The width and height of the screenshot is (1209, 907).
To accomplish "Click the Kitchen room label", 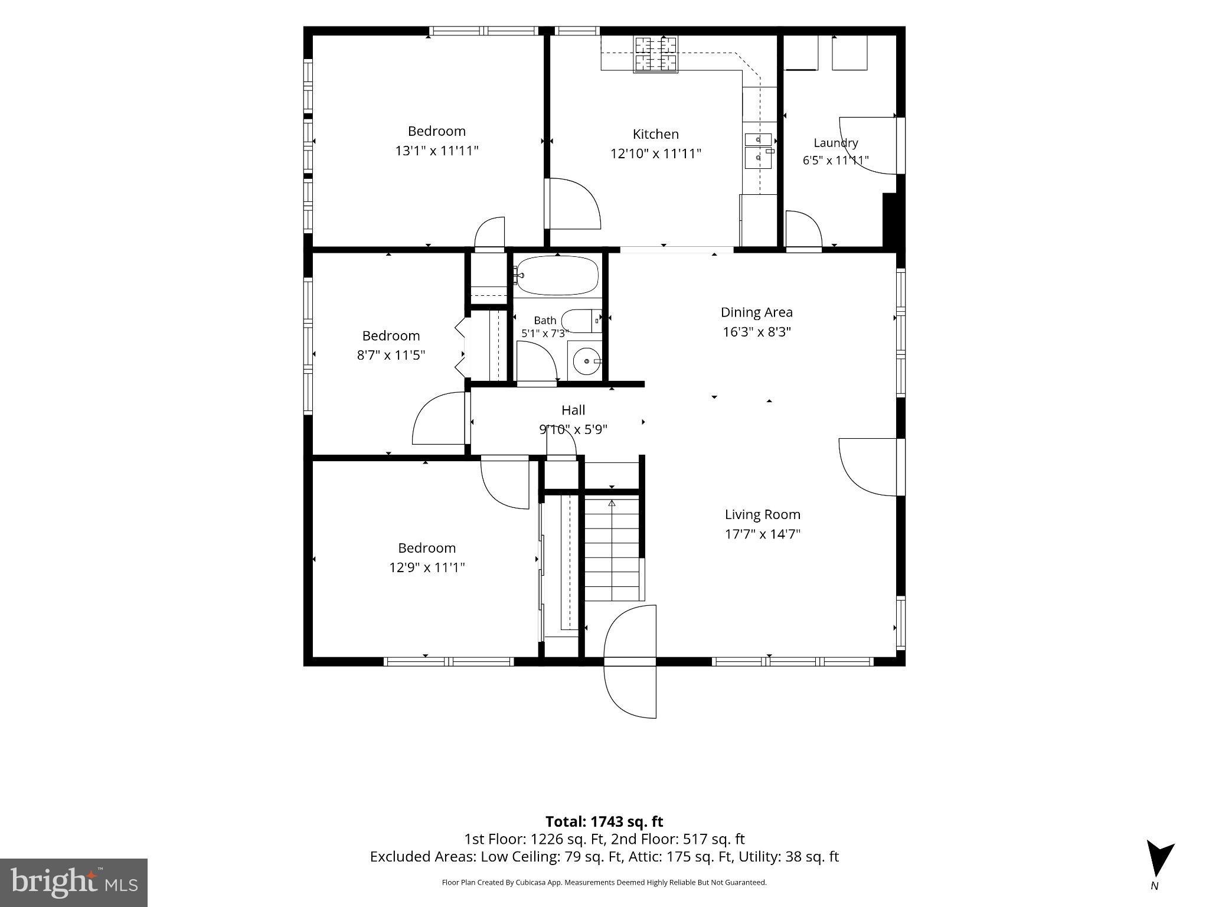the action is pyautogui.click(x=655, y=134).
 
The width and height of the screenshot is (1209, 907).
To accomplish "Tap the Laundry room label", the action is pyautogui.click(x=835, y=143).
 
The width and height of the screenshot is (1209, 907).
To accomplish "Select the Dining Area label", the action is pyautogui.click(x=756, y=312).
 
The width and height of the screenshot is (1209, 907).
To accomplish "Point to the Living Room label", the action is pyautogui.click(x=762, y=515).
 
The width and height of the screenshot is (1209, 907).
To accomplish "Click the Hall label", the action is pyautogui.click(x=573, y=410).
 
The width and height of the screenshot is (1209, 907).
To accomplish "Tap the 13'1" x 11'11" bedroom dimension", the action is pyautogui.click(x=436, y=151).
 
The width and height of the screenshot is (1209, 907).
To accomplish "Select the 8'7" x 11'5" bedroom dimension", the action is pyautogui.click(x=391, y=355).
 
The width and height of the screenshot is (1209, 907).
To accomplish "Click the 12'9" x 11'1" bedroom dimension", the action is pyautogui.click(x=427, y=567).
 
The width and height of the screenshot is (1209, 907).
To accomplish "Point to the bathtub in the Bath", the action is pyautogui.click(x=556, y=276).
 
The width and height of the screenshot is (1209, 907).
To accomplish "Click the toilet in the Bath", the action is pyautogui.click(x=581, y=321).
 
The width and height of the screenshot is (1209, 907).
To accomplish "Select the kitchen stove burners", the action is pyautogui.click(x=656, y=54).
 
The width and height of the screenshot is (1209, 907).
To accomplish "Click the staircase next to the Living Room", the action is pyautogui.click(x=612, y=549).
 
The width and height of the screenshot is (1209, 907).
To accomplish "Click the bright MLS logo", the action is pyautogui.click(x=74, y=882).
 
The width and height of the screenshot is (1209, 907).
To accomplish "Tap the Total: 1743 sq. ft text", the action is pyautogui.click(x=604, y=821).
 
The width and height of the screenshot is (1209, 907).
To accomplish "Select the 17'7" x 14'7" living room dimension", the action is pyautogui.click(x=762, y=534).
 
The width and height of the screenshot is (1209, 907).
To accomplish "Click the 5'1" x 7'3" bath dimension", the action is pyautogui.click(x=545, y=333).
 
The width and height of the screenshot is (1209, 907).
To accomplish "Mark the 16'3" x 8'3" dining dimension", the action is pyautogui.click(x=757, y=332).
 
